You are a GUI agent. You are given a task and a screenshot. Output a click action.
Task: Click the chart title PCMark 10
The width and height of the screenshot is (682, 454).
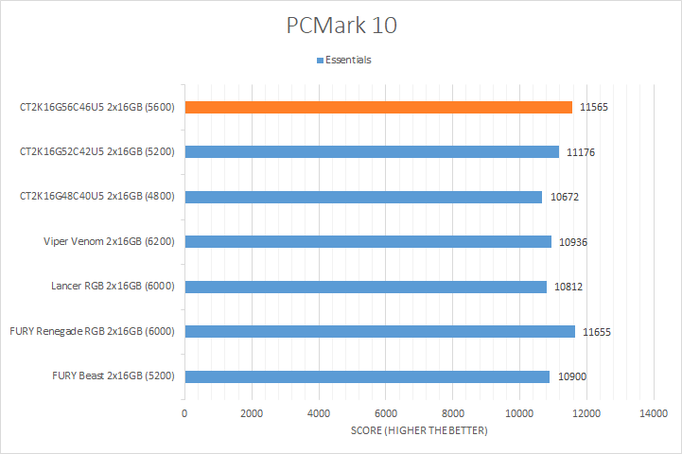point(341,25)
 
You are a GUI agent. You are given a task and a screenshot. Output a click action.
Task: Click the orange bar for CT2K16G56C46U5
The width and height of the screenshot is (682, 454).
point(378,107)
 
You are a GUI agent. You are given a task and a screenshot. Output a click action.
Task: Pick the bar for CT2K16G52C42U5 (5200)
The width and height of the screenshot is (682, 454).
point(372,151)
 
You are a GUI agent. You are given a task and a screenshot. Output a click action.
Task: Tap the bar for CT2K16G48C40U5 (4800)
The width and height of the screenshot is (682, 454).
point(363,197)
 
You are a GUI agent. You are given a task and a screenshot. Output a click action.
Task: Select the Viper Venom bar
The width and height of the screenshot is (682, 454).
point(368,241)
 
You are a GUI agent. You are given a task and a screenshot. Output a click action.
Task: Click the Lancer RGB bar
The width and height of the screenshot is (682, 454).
point(366,287)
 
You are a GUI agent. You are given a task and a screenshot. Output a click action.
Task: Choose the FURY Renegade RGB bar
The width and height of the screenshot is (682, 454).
point(380,331)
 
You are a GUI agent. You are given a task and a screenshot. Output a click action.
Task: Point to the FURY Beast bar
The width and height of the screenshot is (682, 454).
point(367,376)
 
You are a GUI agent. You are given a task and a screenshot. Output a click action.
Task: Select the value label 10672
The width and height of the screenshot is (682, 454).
point(564,197)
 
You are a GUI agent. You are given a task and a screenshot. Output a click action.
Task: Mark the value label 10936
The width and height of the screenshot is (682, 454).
point(573,241)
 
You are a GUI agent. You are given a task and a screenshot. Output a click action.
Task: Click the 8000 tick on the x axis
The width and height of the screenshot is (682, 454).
point(452,414)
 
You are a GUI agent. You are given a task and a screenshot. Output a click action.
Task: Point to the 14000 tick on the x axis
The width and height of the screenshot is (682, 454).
point(654,414)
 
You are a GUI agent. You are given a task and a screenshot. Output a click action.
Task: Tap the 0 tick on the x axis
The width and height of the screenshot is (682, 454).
point(184,414)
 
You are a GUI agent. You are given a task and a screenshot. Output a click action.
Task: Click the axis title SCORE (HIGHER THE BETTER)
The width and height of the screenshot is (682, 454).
point(419,431)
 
